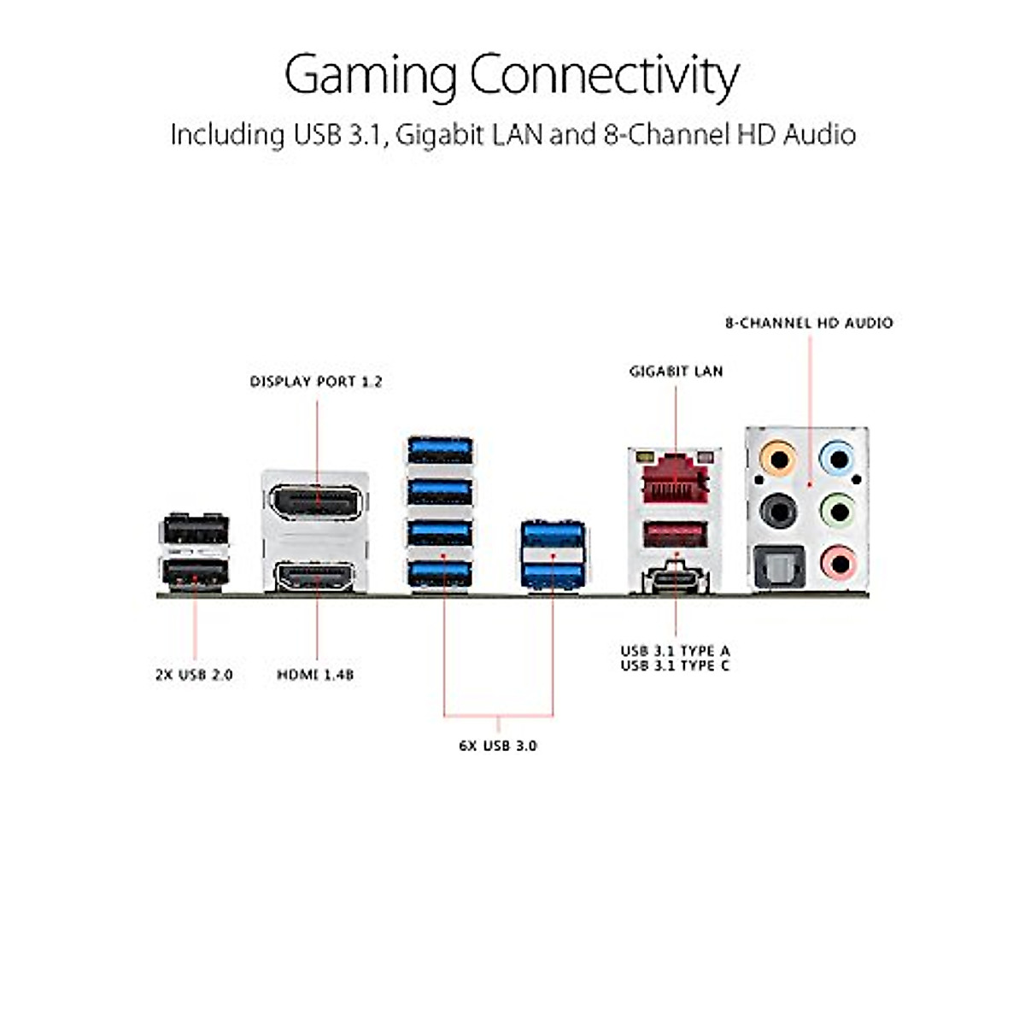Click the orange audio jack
[777, 458]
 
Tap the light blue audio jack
[838, 458]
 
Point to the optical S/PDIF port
[779, 567]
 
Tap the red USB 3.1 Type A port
[676, 535]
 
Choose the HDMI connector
[315, 577]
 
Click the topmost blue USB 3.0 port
[440, 450]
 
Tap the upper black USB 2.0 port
[195, 530]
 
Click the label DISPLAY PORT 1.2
[316, 382]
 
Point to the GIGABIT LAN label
[676, 372]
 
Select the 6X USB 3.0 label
[498, 745]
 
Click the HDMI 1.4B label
[315, 675]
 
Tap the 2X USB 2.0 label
[194, 675]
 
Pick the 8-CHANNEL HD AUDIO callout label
[809, 323]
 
